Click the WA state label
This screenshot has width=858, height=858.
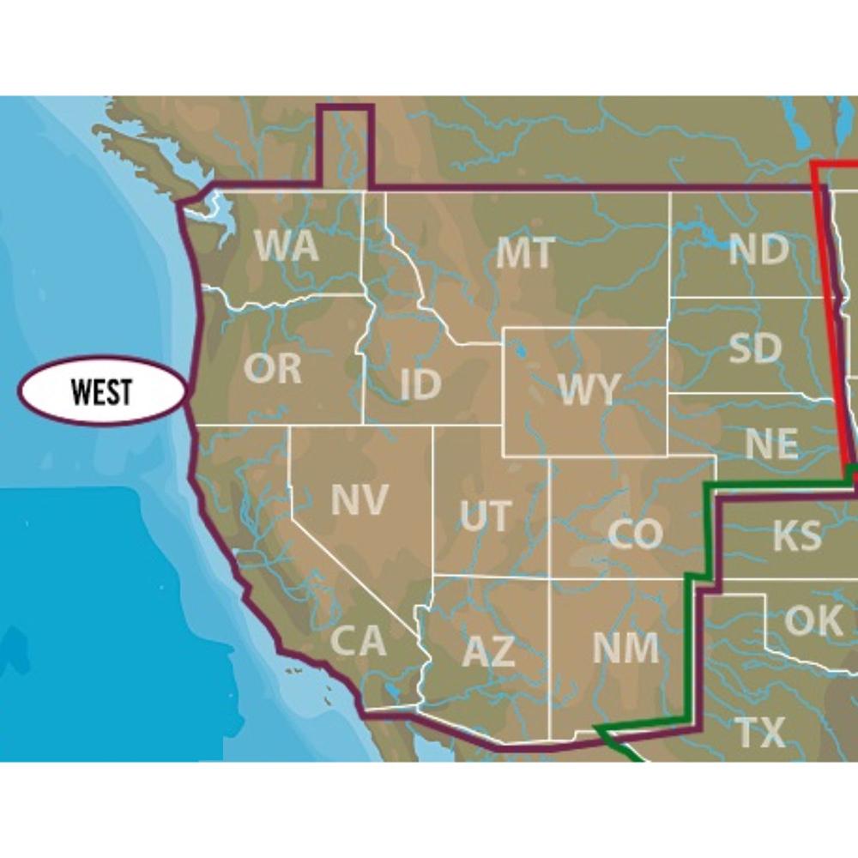pos(287,246)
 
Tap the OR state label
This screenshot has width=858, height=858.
pos(273,368)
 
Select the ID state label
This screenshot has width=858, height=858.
pos(420,385)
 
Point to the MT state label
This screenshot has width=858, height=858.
pos(525,253)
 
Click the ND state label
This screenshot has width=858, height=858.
pos(758,250)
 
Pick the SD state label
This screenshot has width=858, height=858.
pos(755,347)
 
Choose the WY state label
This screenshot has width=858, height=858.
pos(588,390)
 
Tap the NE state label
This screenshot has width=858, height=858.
pos(771,444)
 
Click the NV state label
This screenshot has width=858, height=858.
pos(359,499)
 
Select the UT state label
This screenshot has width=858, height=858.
pos(485,517)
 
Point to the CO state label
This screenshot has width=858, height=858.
pos(635,534)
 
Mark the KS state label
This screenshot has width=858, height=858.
pos(796,535)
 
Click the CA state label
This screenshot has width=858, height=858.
pos(358,640)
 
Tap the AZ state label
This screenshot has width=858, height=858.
pos(488,653)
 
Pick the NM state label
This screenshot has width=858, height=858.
pos(625,648)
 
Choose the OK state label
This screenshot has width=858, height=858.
pos(813,620)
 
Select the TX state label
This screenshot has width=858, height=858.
pos(760,733)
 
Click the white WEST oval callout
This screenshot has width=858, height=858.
pos(102,391)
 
